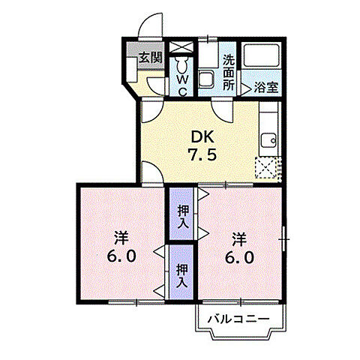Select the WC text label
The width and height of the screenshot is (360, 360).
tap(181, 80)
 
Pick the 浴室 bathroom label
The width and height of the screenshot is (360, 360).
tap(265, 87)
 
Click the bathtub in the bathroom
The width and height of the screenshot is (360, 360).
tap(262, 59)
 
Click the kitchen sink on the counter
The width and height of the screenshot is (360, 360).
tap(268, 140)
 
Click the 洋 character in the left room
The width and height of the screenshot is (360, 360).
tap(121, 238)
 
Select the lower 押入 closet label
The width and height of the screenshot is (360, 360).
tap(182, 276)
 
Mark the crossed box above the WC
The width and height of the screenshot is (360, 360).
tap(181, 47)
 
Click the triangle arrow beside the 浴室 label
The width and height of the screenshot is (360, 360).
tap(245, 87)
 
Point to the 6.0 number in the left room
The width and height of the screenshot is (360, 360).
tap(121, 256)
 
